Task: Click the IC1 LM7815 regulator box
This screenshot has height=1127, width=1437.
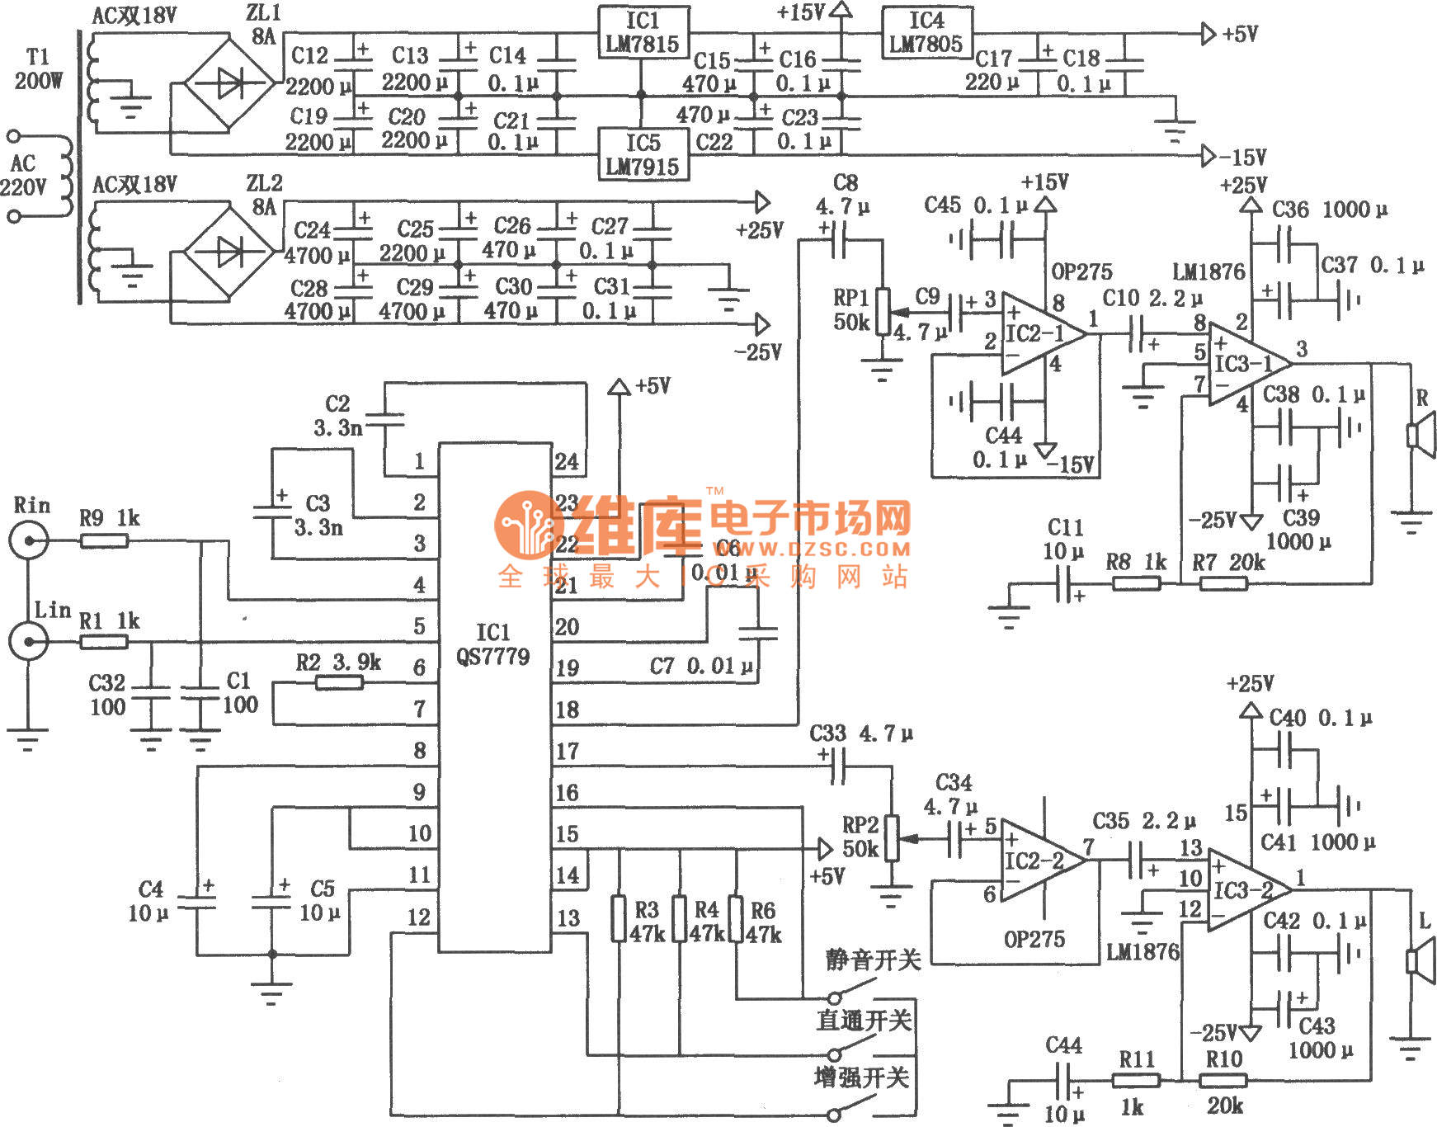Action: tap(643, 33)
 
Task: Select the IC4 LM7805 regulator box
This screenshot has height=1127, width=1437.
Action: tap(926, 33)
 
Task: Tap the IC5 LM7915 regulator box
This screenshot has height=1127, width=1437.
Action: tap(643, 154)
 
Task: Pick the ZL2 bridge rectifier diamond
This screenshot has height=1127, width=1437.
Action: tap(229, 252)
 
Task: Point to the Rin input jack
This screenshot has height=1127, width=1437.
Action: tap(29, 541)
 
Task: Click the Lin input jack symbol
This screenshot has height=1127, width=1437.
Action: tap(29, 641)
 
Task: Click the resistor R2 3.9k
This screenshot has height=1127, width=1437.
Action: tap(339, 682)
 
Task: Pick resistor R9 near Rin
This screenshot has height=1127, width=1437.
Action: tap(104, 541)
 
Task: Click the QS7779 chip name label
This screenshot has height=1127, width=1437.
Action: tap(493, 657)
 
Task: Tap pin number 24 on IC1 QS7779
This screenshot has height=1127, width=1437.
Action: tap(567, 462)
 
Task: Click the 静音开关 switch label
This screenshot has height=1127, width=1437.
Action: tap(873, 960)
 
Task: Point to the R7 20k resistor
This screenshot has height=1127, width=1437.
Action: tap(1223, 583)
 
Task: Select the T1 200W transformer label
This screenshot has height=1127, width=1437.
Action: tap(38, 69)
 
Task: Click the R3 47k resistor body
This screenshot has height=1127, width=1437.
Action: tap(619, 918)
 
